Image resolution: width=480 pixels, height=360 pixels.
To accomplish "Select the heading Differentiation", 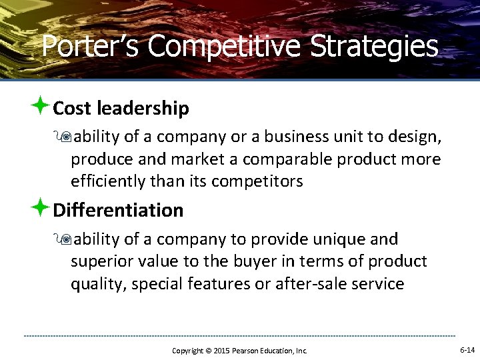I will (118, 210).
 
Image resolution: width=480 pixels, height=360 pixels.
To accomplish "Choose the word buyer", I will (257, 261).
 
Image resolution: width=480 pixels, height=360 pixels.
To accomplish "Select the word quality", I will (98, 284).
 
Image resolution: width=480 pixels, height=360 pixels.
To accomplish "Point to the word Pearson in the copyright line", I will (246, 351).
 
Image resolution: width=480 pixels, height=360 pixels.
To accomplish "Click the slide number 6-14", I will (467, 349).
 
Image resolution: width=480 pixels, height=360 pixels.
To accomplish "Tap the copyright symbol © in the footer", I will (206, 351).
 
